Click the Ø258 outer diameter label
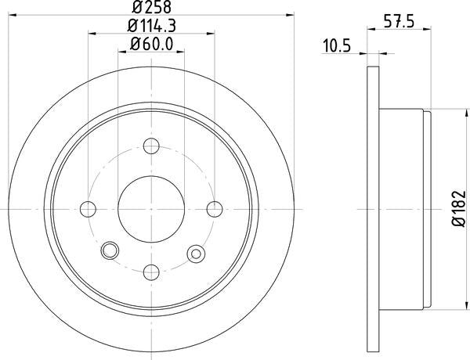click(152, 9)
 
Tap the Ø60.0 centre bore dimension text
click(152, 45)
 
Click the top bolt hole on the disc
click(152, 146)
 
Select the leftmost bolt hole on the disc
click(89, 209)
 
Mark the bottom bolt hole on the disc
click(152, 272)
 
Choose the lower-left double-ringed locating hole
click(110, 250)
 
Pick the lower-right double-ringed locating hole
click(194, 251)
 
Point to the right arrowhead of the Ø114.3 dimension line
click(211, 34)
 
